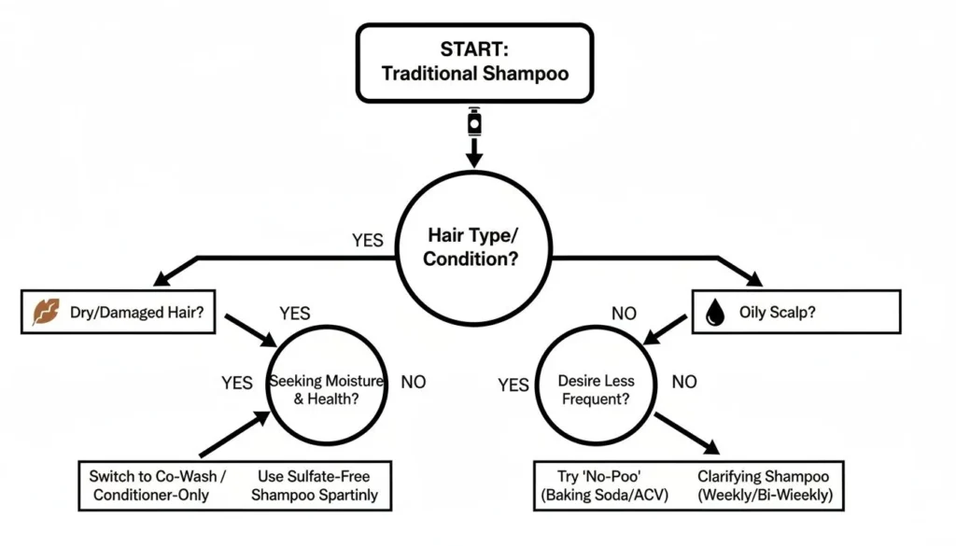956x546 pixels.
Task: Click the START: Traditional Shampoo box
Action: coord(475,63)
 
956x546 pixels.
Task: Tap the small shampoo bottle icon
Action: coord(474,122)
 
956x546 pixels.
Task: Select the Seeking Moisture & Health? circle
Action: coord(314,389)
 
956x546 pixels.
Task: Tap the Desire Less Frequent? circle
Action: coord(596,389)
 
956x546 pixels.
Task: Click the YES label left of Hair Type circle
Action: coord(368,240)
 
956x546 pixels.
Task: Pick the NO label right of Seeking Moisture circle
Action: coord(414,382)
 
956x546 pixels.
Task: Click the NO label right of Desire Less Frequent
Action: coord(684,382)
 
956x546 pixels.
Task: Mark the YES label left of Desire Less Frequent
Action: coord(513,385)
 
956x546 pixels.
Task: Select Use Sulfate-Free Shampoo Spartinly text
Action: coord(315,484)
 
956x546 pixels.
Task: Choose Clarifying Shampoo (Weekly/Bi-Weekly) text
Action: coord(764,484)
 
